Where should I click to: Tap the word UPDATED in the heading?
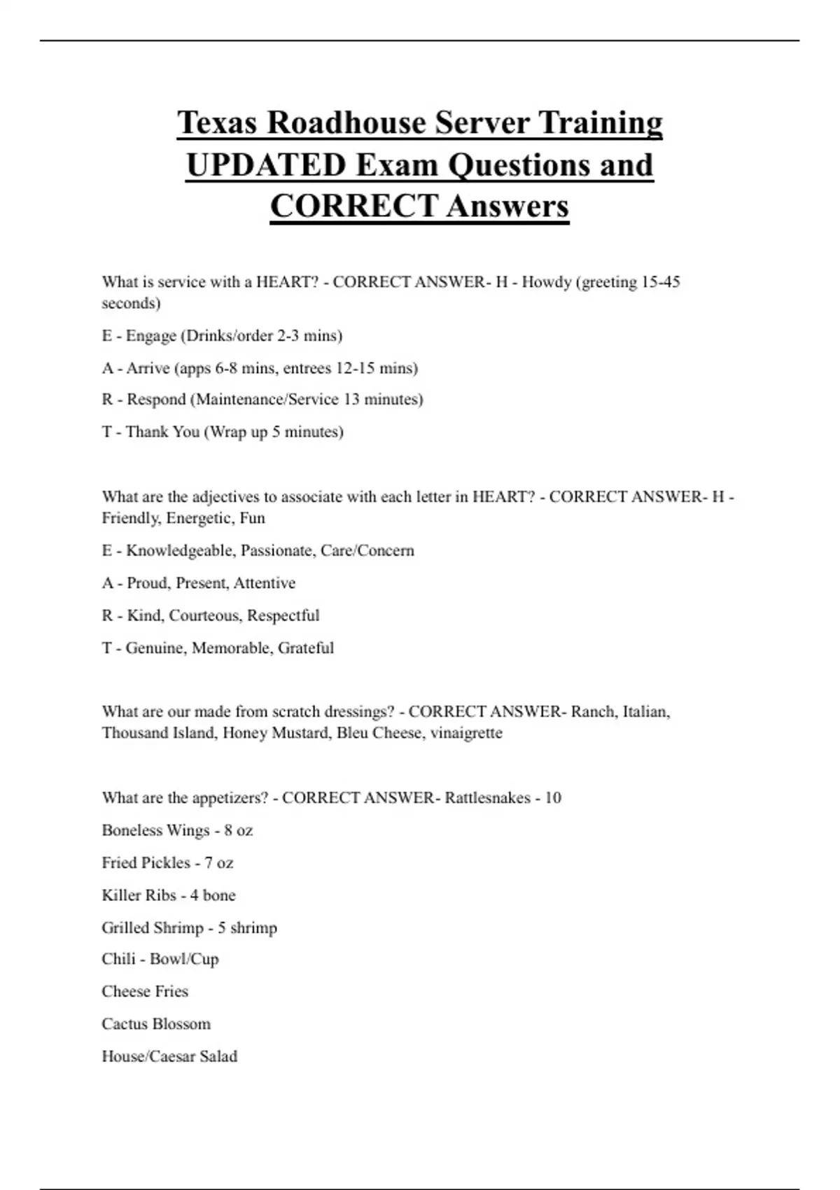click(266, 165)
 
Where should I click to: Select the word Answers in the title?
click(507, 206)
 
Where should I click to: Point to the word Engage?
click(150, 336)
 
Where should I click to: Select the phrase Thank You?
click(162, 432)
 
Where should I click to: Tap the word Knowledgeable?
click(179, 551)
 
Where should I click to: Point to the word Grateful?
click(305, 648)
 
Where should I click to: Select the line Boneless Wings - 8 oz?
click(177, 830)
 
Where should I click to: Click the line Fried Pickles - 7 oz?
click(167, 862)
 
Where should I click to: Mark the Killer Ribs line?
click(169, 895)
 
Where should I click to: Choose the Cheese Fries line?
click(145, 991)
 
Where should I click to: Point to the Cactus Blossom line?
click(156, 1024)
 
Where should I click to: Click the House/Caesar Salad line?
click(169, 1056)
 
